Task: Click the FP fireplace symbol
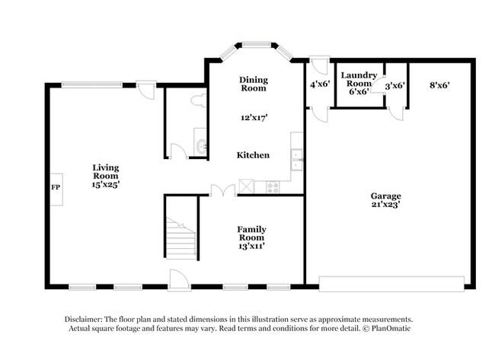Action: (56, 186)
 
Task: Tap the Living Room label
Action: (106, 171)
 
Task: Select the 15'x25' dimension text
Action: (106, 184)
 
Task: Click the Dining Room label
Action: (253, 84)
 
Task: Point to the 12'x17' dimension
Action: (253, 117)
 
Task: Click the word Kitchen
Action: (253, 155)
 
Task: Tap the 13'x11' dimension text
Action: (251, 246)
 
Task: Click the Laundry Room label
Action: (359, 78)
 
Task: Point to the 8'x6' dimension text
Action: (439, 85)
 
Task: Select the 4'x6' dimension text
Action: (318, 85)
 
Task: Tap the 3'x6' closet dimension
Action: (394, 86)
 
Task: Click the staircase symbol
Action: (181, 239)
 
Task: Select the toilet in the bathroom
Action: (197, 100)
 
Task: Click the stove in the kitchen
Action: (273, 186)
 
